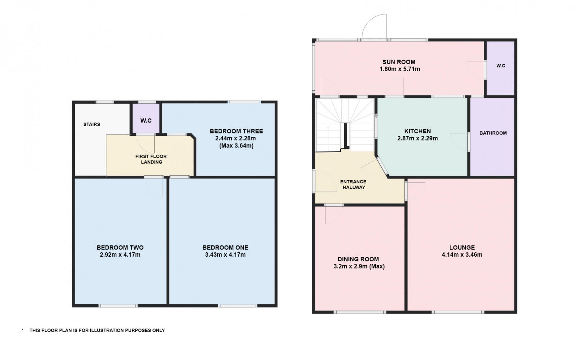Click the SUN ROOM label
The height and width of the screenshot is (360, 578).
coord(399,62)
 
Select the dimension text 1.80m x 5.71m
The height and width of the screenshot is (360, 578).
coord(400,69)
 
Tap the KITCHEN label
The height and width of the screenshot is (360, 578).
coord(417,131)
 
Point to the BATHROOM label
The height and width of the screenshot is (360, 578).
coord(493,133)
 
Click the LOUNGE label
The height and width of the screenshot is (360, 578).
coord(462,248)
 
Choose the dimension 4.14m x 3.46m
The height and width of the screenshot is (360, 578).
coord(462,255)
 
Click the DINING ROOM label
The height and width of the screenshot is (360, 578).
coord(358,259)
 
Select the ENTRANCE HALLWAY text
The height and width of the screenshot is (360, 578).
coord(353,184)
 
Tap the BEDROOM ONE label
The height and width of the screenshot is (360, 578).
coord(225,248)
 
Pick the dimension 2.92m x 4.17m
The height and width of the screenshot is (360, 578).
coord(120,255)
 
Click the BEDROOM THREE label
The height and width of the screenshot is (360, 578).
coord(236,131)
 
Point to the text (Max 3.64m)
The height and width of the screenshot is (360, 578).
coord(236,146)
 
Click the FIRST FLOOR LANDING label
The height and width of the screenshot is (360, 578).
coord(151,159)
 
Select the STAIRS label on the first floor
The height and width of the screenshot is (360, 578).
coord(92,124)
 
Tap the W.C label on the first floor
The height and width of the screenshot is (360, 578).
coord(146,120)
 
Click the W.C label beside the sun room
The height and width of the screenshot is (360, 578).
coord(500,66)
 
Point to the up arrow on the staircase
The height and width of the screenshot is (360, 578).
coord(328,128)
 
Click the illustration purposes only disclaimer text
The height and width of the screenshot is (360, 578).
coord(97,330)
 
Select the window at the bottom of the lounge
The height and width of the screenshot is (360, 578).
coord(458,312)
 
